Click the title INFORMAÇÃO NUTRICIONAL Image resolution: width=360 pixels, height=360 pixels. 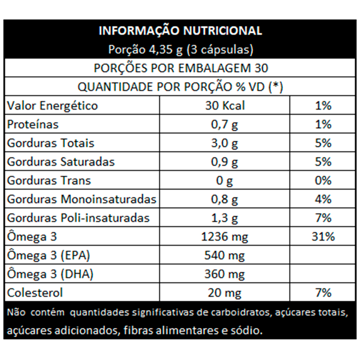tap(180, 31)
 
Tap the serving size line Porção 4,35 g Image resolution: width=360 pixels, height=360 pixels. tap(180, 50)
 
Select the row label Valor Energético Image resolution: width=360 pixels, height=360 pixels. tap(53, 106)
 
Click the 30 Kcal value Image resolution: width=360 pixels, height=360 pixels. tap(225, 106)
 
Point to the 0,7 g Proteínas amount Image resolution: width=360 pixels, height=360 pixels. tap(225, 125)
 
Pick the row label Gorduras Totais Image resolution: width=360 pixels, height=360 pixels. tap(51, 143)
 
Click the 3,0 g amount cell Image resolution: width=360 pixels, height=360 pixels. tap(225, 143)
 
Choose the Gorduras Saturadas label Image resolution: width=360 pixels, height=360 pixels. tap(61, 162)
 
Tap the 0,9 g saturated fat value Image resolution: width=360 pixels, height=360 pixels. tap(225, 162)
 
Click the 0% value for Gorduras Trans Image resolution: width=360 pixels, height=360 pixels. tap(323, 181)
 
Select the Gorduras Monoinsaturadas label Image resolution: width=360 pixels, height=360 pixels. tap(82, 199)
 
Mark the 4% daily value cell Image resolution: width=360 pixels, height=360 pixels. tap(323, 199)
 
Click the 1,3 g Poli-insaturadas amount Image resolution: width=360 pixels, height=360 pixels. tap(225, 218)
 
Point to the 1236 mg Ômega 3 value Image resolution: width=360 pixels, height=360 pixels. tap(225, 237)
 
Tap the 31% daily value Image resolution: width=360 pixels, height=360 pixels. tap(323, 237)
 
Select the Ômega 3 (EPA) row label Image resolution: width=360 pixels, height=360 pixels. tap(49, 256)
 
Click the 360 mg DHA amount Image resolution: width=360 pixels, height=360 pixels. tap(225, 274)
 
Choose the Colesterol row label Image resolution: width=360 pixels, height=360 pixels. tap(35, 293)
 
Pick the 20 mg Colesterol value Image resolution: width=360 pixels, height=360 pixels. tap(225, 293)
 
